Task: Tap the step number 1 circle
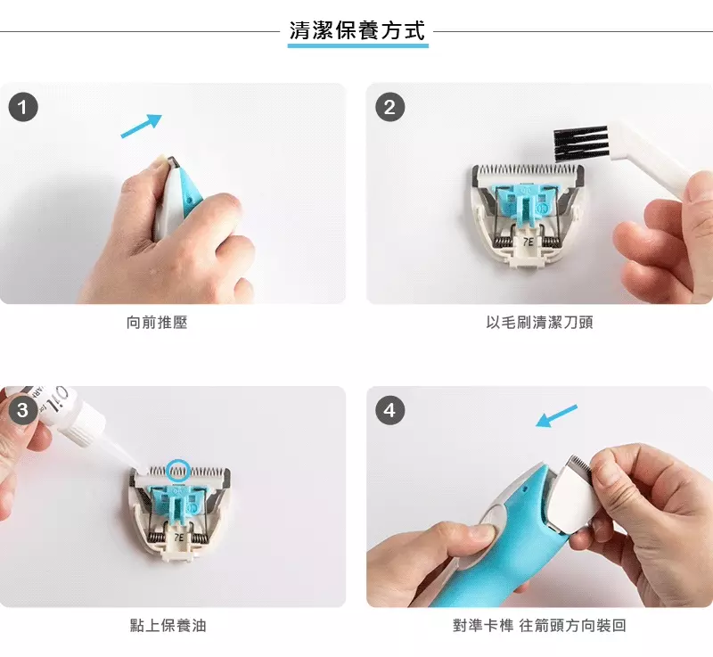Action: tap(22, 108)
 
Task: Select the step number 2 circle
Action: tap(389, 108)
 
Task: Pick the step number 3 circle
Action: tap(22, 410)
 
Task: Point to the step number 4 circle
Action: tap(389, 410)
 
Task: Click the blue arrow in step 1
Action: tap(142, 126)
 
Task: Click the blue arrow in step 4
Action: tap(556, 416)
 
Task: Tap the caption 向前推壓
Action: tap(157, 322)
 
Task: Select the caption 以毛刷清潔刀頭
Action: tap(539, 322)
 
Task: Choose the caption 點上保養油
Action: tap(168, 625)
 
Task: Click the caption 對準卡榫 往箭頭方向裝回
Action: tap(539, 625)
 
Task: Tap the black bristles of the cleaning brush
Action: tap(580, 138)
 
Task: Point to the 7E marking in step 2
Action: tap(528, 241)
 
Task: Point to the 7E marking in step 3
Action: tap(179, 538)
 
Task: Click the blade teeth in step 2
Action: tap(529, 169)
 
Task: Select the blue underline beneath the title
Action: tap(357, 45)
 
